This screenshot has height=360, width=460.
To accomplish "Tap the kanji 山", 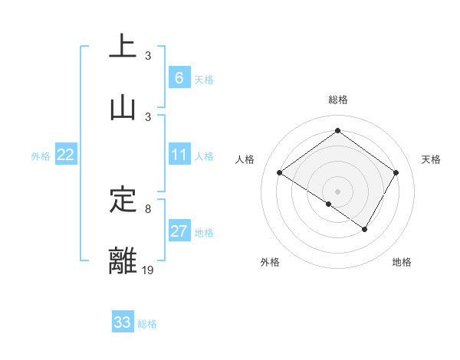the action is coord(123,108).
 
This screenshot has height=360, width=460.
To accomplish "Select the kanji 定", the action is coord(123,200).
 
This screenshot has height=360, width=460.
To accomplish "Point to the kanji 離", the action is coord(123,260).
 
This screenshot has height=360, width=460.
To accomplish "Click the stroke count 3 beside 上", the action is coord(148,56).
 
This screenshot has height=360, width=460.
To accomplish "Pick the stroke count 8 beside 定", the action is coord(148,208).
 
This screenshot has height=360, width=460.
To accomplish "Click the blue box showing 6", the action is coord(179,78).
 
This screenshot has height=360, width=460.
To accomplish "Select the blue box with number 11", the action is coord(179,155).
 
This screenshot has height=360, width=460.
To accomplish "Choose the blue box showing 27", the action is coord(179,231).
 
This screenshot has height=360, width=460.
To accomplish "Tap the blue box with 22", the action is coord(66,155).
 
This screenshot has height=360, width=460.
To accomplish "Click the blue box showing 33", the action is coord(123,322).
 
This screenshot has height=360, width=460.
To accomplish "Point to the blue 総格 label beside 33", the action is coord(148,324).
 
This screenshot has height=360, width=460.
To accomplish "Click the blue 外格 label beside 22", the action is coord(41,156).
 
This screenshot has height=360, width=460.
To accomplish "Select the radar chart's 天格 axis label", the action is coord(432,159).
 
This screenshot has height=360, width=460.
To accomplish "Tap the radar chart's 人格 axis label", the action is coord(245,159).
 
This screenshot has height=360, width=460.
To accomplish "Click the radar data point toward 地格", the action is coord(365,229).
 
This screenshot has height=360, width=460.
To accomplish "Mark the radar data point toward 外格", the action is coord(328,204).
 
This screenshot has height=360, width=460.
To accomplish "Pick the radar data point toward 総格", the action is coord(337,130).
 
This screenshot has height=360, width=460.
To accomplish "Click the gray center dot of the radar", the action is coord(337,191).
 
